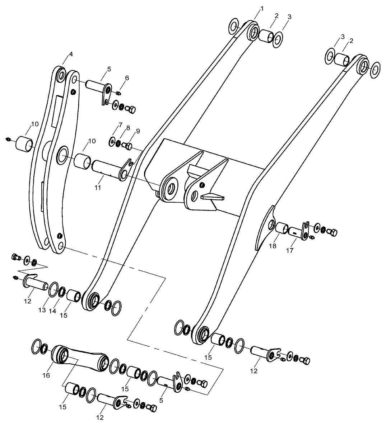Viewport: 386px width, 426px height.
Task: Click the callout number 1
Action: (262, 9)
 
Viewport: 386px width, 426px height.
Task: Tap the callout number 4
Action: (71, 54)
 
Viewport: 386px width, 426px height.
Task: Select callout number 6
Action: (127, 78)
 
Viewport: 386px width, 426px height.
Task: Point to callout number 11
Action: (97, 188)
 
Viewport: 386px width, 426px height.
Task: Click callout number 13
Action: (42, 310)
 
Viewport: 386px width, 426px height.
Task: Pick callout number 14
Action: (52, 311)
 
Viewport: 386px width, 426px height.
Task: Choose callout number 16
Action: (46, 375)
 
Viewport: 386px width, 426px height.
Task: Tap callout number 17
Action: (290, 251)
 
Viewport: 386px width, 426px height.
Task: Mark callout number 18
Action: (273, 246)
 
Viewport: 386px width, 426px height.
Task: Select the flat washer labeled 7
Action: (112, 142)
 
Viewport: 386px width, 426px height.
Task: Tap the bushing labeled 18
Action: (282, 228)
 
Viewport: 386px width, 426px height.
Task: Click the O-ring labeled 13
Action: (54, 290)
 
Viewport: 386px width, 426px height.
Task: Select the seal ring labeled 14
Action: (62, 293)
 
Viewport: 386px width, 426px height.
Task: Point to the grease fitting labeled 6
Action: (118, 93)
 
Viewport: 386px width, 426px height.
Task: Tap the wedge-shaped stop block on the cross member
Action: (213, 197)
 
